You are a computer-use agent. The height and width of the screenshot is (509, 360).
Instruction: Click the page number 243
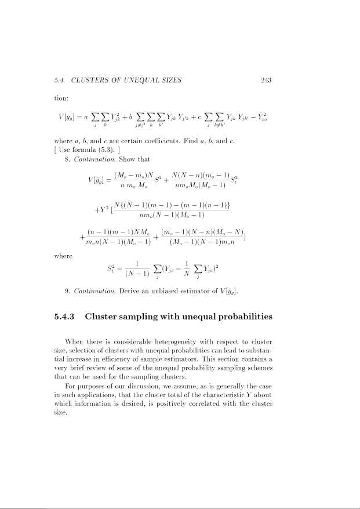coord(267,80)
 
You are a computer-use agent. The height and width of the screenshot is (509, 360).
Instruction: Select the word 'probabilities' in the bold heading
coord(240,317)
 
